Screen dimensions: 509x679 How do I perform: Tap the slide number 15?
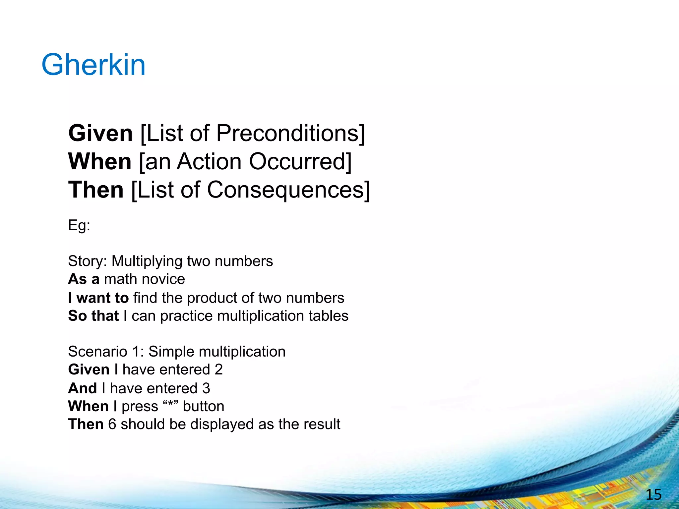653,495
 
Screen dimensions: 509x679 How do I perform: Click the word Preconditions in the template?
287,133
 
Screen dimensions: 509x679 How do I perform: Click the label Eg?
79,226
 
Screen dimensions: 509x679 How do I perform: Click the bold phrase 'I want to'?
98,298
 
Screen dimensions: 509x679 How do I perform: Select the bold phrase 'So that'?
93,315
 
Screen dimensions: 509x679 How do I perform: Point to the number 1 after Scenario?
136,352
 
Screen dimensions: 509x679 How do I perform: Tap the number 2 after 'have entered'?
218,369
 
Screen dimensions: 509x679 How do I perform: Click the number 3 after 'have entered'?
206,388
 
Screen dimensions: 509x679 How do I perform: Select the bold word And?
83,388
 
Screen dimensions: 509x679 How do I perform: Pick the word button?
204,406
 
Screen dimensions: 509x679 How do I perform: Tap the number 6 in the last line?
112,424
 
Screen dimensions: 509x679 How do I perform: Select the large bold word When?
100,162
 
